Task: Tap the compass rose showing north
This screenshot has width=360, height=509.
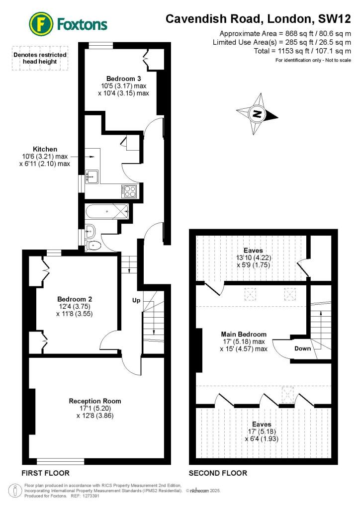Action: pyautogui.click(x=257, y=114)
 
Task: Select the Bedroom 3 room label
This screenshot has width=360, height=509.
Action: pyautogui.click(x=122, y=79)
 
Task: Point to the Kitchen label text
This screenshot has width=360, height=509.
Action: pyautogui.click(x=45, y=149)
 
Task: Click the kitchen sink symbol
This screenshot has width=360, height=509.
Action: pyautogui.click(x=92, y=175)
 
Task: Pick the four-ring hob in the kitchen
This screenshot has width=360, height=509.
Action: pyautogui.click(x=131, y=190)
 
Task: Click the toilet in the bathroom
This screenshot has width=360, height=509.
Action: pyautogui.click(x=94, y=245)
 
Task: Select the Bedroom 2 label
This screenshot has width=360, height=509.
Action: pyautogui.click(x=75, y=299)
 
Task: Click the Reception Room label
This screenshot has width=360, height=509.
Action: pyautogui.click(x=95, y=401)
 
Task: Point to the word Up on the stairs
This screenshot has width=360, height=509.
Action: pyautogui.click(x=136, y=301)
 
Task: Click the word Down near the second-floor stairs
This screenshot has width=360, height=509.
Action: pyautogui.click(x=302, y=348)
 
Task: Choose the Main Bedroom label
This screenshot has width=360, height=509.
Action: pyautogui.click(x=244, y=334)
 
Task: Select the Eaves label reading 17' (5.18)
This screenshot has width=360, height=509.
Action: pyautogui.click(x=262, y=424)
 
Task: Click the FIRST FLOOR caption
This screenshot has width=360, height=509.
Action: pyautogui.click(x=45, y=473)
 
